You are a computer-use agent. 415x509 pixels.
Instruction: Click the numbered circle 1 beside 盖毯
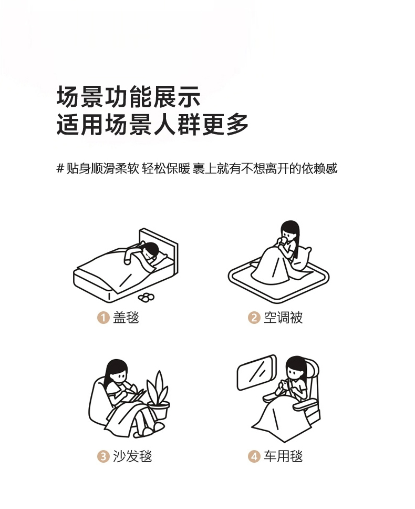[x=103, y=318]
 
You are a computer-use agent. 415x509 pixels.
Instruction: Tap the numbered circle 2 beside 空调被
[x=254, y=318]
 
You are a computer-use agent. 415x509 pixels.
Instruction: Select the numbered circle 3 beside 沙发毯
[x=103, y=456]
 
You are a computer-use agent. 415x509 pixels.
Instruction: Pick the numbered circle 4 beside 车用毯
[x=254, y=456]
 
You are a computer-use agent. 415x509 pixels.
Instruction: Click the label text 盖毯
[x=126, y=318]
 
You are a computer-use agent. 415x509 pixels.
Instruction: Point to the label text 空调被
[x=283, y=318]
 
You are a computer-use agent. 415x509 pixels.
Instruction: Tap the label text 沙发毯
[x=132, y=456]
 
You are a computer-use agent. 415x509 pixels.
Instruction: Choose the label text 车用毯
[x=283, y=456]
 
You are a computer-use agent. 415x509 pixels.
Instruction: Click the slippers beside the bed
[x=147, y=297]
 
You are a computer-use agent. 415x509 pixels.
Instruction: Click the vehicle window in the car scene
[x=257, y=372]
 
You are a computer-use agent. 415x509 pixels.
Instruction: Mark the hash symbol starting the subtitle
[x=60, y=168]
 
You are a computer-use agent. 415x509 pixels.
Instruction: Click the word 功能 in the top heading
[x=129, y=97]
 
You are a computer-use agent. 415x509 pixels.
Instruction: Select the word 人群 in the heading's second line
[x=177, y=124]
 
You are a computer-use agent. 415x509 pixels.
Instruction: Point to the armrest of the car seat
[x=305, y=403]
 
